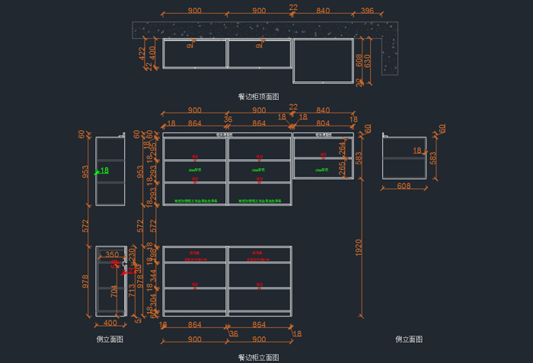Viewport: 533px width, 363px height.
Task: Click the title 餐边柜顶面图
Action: [259, 97]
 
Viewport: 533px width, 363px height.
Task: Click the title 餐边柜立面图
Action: [259, 356]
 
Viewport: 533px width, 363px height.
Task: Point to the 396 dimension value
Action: [368, 11]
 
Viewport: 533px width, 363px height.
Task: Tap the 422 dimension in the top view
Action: [142, 53]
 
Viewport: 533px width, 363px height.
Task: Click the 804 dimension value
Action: [323, 123]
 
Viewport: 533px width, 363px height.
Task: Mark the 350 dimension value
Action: [112, 255]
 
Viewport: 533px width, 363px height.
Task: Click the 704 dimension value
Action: [115, 290]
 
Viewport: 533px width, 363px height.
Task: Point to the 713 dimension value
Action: [132, 290]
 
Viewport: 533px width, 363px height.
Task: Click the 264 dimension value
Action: [342, 147]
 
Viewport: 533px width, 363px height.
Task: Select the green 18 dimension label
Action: [104, 170]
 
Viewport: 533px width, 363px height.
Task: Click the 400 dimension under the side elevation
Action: [110, 324]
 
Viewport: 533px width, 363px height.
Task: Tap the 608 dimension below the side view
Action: [404, 186]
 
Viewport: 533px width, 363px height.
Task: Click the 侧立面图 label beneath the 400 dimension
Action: [110, 339]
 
